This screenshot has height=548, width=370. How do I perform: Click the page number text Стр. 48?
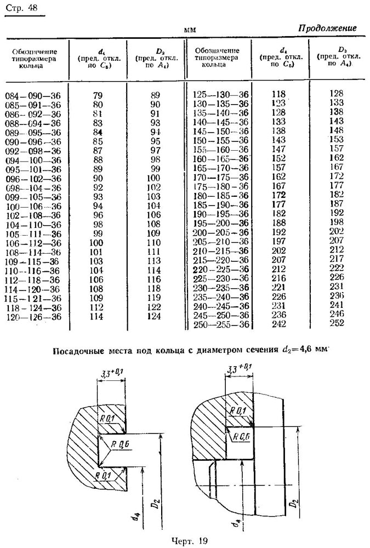(x=21, y=8)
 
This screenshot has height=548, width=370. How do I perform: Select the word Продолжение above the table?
(x=327, y=28)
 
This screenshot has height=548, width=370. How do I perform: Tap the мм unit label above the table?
(x=190, y=30)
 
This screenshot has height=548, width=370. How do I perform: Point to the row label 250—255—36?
(x=221, y=324)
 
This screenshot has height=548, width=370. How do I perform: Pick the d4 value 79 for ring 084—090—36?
(x=98, y=95)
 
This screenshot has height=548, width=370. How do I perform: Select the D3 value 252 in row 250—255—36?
(x=337, y=323)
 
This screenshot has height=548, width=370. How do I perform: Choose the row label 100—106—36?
(x=33, y=206)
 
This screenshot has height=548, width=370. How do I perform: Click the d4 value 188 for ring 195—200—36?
(x=278, y=223)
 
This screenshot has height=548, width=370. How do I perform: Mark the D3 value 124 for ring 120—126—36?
(x=154, y=316)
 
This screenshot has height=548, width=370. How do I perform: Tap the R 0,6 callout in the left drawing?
(x=120, y=444)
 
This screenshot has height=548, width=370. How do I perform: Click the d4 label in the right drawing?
(x=237, y=522)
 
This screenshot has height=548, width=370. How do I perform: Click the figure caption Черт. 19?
(x=190, y=541)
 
